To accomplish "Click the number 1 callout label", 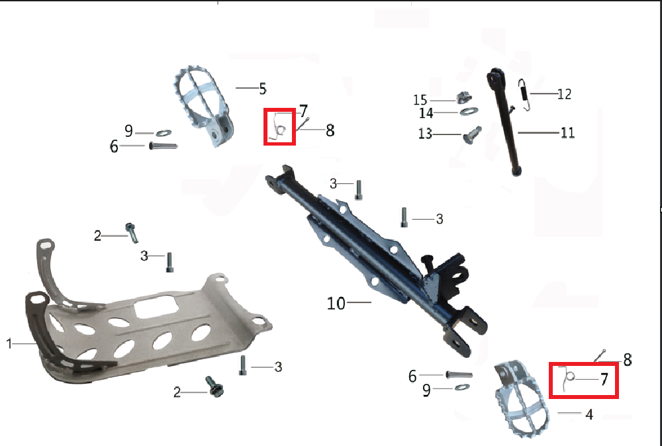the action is point(9,343).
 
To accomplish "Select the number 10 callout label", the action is point(336,303).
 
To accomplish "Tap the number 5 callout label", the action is point(263,89).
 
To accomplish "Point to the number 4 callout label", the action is point(589,414).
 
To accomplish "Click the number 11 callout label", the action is point(567,133).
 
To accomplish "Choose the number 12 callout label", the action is point(564,94).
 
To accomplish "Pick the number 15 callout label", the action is point(420,100).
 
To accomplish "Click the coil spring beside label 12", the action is point(524,95).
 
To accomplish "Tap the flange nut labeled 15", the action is point(463,99).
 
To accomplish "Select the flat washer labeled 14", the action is point(469,112).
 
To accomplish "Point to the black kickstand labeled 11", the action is point(504,121).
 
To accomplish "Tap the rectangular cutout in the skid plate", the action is point(156,306).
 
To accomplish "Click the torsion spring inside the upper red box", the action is point(279,128).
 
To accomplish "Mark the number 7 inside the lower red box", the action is point(604,379).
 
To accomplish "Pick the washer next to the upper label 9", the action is point(164,133).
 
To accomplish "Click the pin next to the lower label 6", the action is point(459,375).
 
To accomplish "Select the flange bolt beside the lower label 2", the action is point(214,386).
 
